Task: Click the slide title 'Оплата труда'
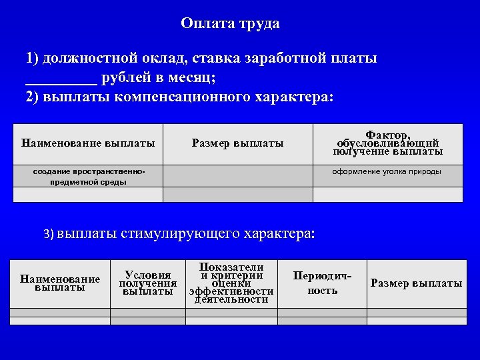pyautogui.click(x=230, y=24)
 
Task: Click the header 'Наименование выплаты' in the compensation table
pyautogui.click(x=88, y=143)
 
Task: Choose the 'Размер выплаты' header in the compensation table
pyautogui.click(x=237, y=143)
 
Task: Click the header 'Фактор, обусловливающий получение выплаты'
pyautogui.click(x=387, y=143)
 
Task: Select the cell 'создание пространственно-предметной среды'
pyautogui.click(x=89, y=177)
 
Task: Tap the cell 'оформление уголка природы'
pyautogui.click(x=387, y=172)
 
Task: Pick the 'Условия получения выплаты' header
pyautogui.click(x=148, y=283)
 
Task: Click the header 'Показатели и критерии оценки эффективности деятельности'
pyautogui.click(x=231, y=283)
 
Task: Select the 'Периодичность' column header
pyautogui.click(x=323, y=283)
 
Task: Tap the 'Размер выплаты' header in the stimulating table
pyautogui.click(x=416, y=283)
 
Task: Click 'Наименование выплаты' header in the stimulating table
pyautogui.click(x=60, y=283)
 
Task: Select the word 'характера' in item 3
pyautogui.click(x=280, y=234)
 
